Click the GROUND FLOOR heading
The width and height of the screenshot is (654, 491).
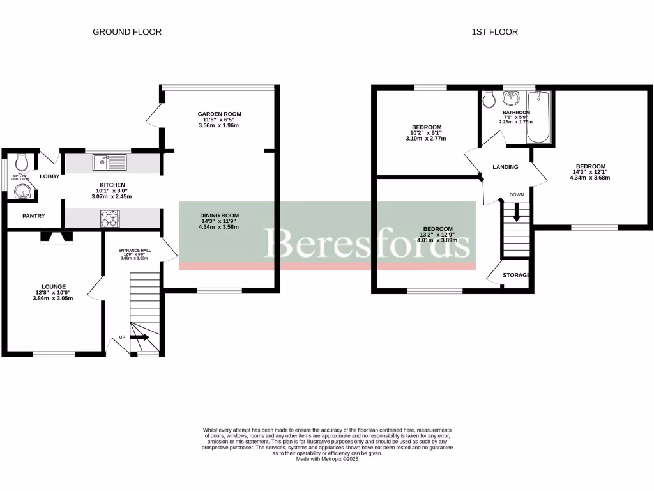(127, 31)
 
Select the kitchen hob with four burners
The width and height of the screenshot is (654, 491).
(109, 219)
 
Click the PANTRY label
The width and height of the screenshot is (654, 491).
(34, 216)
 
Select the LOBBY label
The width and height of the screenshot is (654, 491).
(50, 176)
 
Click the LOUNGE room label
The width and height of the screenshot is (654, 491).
(54, 286)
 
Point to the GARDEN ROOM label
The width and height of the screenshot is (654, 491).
(219, 114)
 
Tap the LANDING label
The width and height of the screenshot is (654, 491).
(505, 167)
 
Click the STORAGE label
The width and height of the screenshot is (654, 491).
(516, 275)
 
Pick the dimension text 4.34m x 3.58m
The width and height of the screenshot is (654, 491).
(219, 227)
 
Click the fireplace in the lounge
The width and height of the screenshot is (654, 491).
(57, 237)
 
